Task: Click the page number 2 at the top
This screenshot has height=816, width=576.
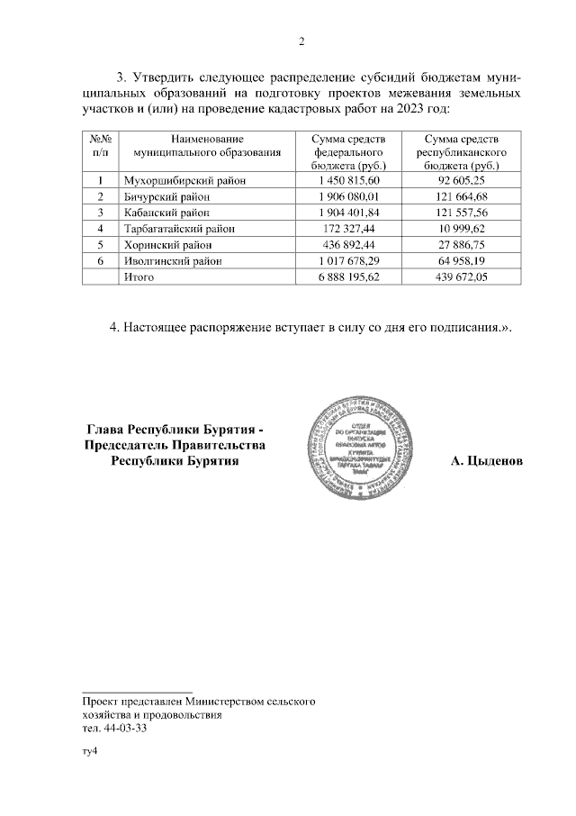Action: tap(301, 41)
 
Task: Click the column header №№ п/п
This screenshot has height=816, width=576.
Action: tap(100, 147)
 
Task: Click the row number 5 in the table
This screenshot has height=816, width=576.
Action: tap(100, 245)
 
